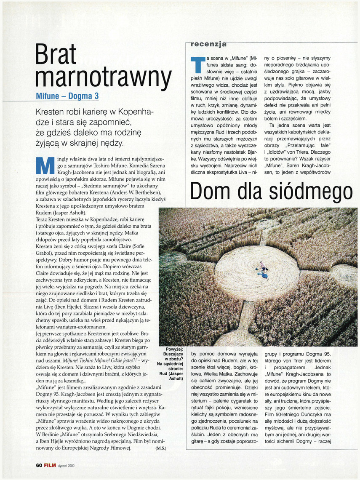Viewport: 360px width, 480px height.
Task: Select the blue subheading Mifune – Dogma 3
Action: (x=67, y=96)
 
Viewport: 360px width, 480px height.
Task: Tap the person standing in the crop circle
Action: (x=263, y=266)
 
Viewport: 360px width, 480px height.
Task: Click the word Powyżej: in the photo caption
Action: (x=173, y=349)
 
